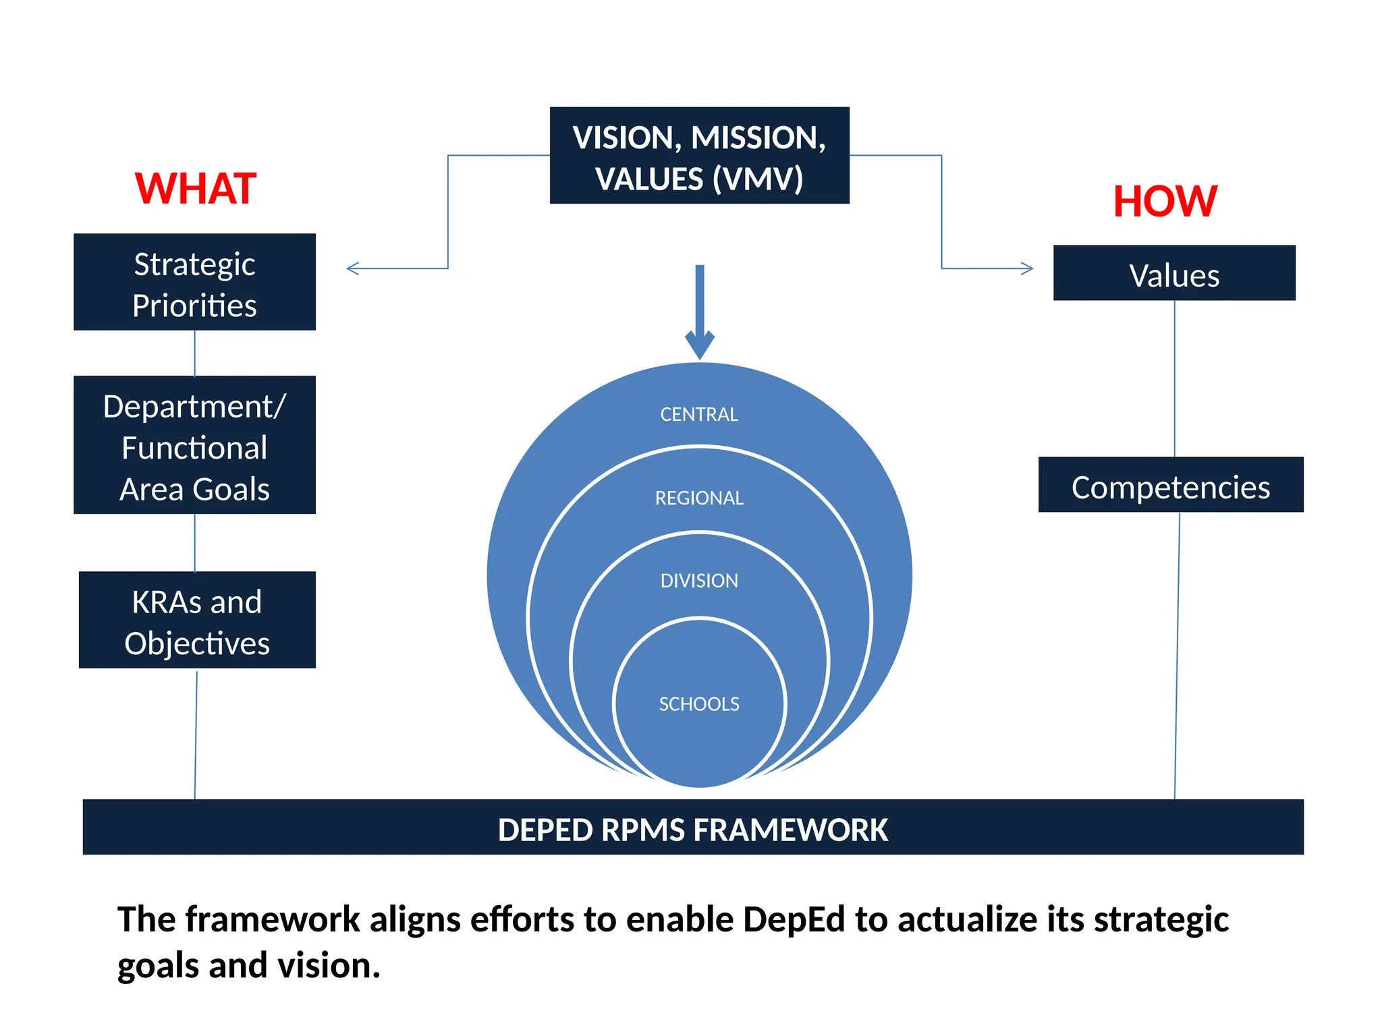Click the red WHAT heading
[195, 188]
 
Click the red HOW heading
[1165, 201]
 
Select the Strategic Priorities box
[194, 283]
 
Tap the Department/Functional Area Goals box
[194, 446]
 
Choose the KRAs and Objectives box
[196, 621]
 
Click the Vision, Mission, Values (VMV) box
[699, 156]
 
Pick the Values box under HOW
[1173, 274]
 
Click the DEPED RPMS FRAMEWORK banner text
[692, 829]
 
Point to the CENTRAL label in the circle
[699, 414]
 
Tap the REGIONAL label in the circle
[699, 498]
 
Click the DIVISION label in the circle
[699, 581]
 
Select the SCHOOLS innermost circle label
[699, 703]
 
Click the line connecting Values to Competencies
[1174, 378]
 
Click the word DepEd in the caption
[794, 919]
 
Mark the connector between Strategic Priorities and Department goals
[194, 353]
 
